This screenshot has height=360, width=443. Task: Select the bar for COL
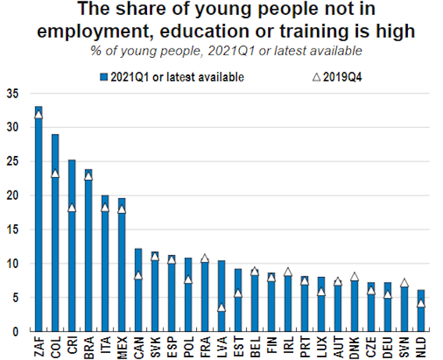tap(55, 232)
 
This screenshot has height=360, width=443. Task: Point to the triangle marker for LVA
tap(222, 307)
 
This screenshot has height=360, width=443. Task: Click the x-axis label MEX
tap(122, 345)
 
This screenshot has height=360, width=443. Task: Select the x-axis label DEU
tap(388, 345)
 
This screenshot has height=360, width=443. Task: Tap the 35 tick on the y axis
tap(13, 94)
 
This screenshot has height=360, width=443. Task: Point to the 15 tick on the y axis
tap(13, 229)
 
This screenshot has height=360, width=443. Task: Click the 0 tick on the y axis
tap(16, 331)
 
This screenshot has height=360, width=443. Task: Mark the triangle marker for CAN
tap(138, 276)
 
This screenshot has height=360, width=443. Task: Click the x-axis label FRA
tap(205, 345)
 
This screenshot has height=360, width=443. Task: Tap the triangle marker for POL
tap(188, 280)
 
